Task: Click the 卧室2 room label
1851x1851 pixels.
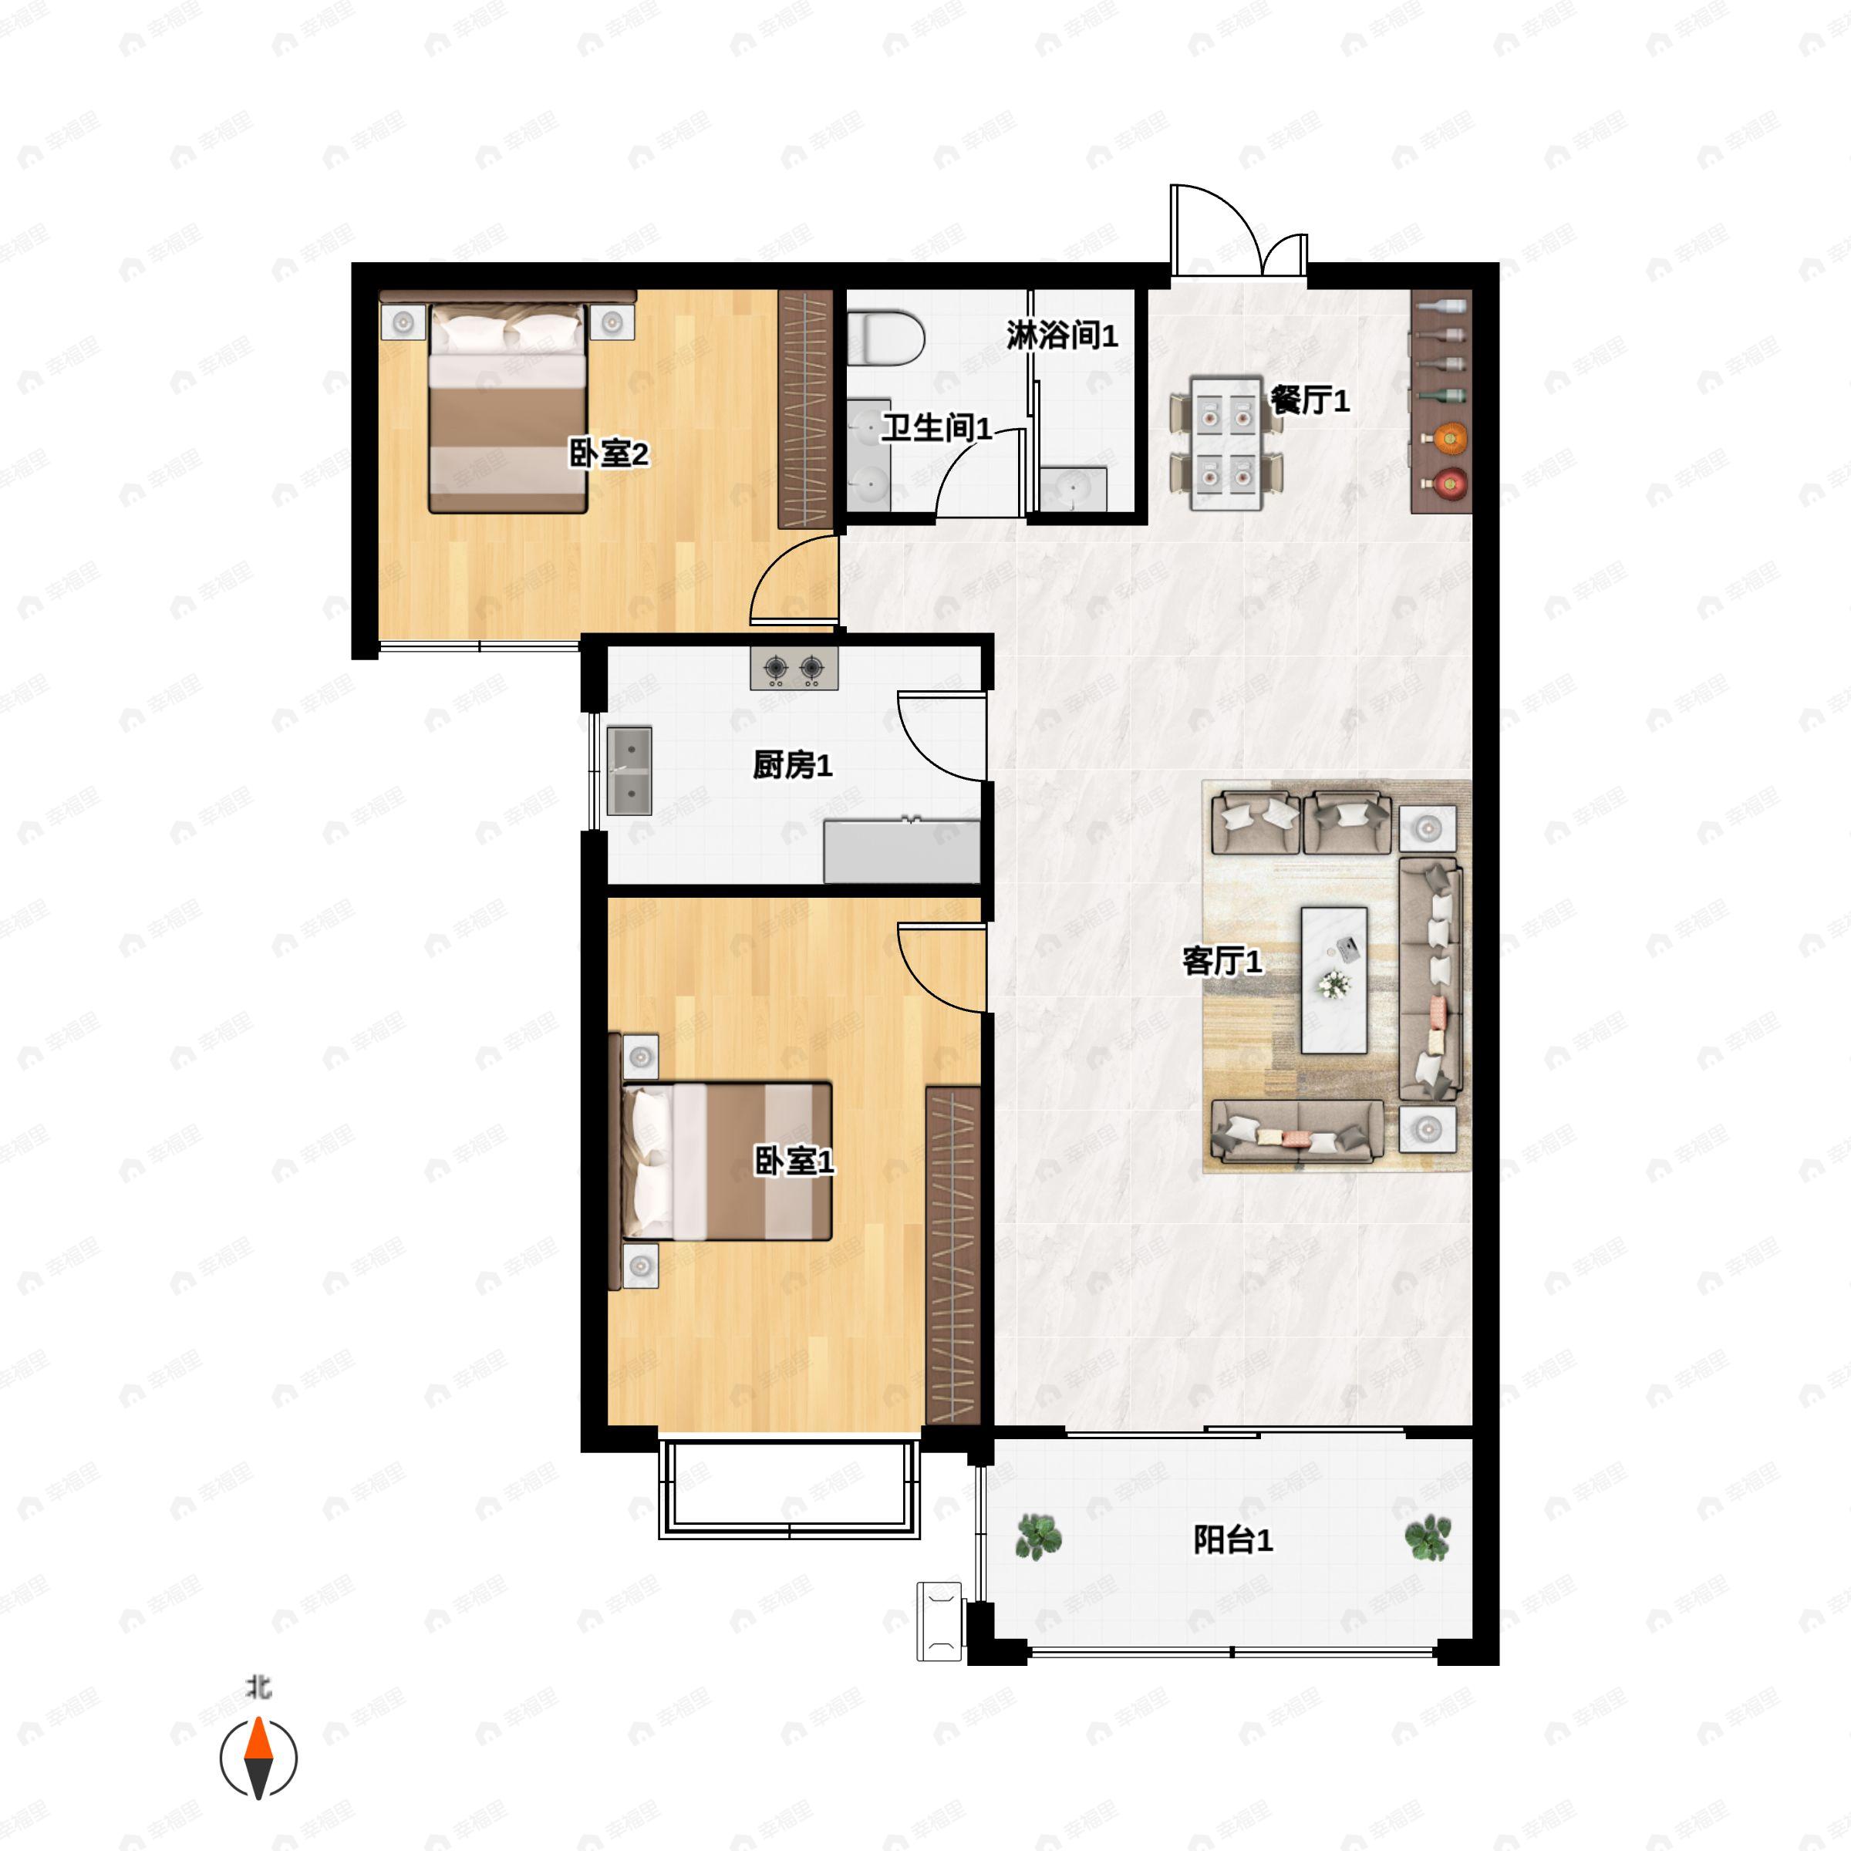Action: (609, 453)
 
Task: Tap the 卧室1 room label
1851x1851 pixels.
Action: (794, 1162)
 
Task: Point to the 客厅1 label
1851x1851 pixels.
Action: (1222, 960)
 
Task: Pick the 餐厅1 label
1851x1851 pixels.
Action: (1310, 400)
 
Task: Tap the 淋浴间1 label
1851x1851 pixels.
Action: (1061, 335)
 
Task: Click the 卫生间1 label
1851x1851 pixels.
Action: (936, 427)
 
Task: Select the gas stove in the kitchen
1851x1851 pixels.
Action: (794, 668)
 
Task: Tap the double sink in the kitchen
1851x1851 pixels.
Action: (629, 770)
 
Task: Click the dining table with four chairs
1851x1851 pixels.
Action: (1226, 443)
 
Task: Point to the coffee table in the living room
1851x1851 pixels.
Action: (1333, 980)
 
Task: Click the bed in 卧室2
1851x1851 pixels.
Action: (507, 407)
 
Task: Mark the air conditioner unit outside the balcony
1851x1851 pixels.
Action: (940, 1621)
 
